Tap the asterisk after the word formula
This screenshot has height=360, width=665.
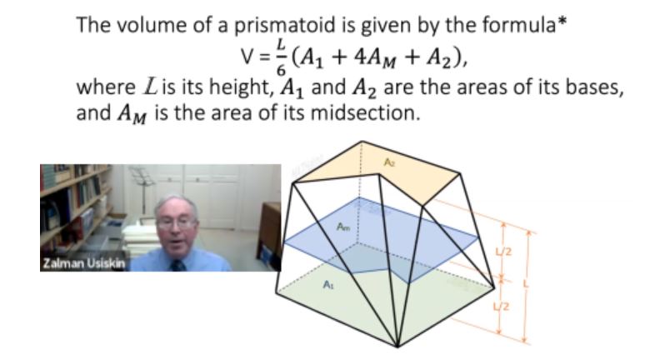[562, 22]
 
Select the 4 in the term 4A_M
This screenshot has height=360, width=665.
[361, 57]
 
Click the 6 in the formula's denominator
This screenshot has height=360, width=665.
[281, 70]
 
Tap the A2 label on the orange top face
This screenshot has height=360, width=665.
[389, 162]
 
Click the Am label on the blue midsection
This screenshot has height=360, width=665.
[343, 227]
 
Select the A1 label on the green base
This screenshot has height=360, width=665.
[328, 284]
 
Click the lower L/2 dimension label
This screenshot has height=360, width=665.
[502, 306]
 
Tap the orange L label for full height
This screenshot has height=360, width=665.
[527, 283]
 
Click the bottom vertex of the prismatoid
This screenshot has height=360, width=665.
[397, 347]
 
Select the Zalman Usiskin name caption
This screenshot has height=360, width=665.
[84, 263]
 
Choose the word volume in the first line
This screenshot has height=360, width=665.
[151, 27]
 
